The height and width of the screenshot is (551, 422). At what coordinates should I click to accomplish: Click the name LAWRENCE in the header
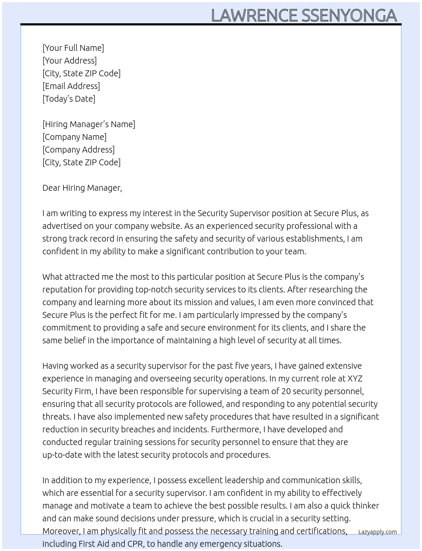pyautogui.click(x=254, y=15)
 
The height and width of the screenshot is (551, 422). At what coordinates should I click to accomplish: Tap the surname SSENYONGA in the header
pyautogui.click(x=349, y=15)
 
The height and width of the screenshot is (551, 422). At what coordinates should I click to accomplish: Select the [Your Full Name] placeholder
pyautogui.click(x=73, y=48)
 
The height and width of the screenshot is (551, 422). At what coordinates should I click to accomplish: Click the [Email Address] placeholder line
pyautogui.click(x=71, y=86)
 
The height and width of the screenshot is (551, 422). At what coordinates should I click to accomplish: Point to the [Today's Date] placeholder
pyautogui.click(x=69, y=99)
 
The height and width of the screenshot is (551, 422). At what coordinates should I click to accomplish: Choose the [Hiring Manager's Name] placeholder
pyautogui.click(x=89, y=124)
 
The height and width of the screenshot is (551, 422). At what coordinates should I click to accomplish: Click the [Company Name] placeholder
pyautogui.click(x=75, y=137)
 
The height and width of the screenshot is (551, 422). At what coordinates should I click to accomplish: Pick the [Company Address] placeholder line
pyautogui.click(x=78, y=150)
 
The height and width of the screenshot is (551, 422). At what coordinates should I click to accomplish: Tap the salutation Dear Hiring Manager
pyautogui.click(x=82, y=188)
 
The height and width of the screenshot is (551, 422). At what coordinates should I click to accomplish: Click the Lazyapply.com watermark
pyautogui.click(x=378, y=532)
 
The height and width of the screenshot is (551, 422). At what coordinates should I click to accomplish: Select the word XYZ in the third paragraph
pyautogui.click(x=355, y=378)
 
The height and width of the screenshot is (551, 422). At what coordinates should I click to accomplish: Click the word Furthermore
pyautogui.click(x=236, y=429)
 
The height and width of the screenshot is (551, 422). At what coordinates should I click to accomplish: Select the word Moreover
pyautogui.click(x=61, y=531)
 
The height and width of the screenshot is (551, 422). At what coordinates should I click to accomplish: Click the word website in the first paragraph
pyautogui.click(x=166, y=226)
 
